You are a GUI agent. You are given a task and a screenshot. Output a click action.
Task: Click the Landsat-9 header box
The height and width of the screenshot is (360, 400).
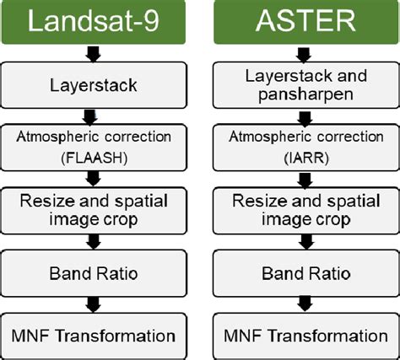click(92, 23)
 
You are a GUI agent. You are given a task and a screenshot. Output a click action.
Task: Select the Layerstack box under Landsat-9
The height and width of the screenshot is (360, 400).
click(92, 84)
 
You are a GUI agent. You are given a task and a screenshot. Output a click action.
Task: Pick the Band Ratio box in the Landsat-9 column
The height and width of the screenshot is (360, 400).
click(92, 273)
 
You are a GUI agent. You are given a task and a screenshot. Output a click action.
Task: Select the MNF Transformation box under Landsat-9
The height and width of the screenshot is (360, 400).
click(92, 335)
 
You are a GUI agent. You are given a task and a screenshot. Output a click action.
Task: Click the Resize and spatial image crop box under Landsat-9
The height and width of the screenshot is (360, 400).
click(92, 210)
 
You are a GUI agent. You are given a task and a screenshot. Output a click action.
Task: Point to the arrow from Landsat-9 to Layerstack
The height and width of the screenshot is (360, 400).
click(92, 54)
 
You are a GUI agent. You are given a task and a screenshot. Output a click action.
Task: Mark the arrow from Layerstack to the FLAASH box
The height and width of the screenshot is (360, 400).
click(92, 116)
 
